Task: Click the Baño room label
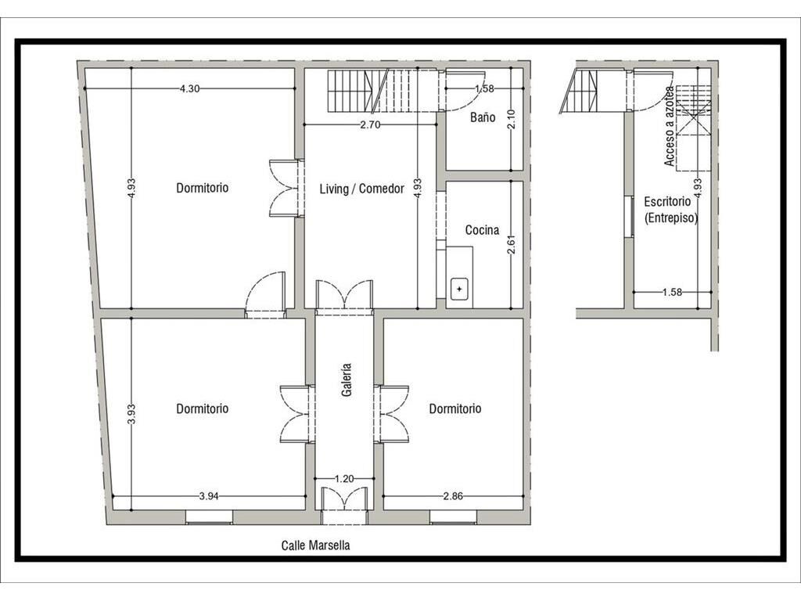[483, 117]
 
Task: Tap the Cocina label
[482, 230]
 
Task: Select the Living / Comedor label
[361, 189]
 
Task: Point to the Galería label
[347, 380]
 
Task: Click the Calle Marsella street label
[316, 545]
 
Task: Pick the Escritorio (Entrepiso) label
[670, 210]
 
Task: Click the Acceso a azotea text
[670, 126]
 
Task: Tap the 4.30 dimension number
[189, 88]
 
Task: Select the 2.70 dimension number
[370, 124]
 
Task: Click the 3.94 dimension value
[209, 495]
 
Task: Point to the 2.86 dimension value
[453, 495]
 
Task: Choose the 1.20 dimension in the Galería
[344, 479]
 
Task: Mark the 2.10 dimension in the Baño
[512, 120]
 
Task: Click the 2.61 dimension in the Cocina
[512, 244]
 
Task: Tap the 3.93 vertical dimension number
[131, 414]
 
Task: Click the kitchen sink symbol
[459, 289]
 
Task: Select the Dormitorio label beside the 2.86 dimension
[455, 408]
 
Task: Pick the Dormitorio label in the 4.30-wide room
[203, 188]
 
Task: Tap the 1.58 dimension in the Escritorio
[672, 293]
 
